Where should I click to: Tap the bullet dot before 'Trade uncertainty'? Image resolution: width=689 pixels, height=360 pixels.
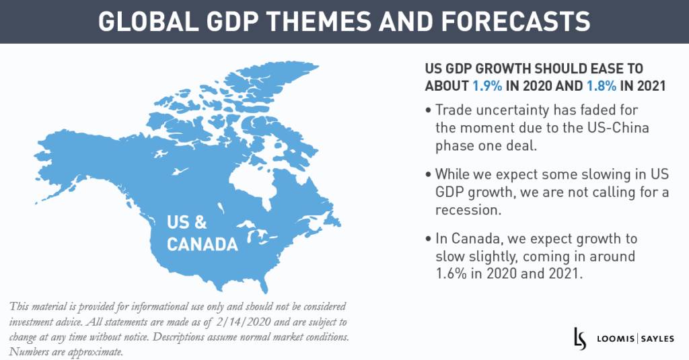point(429,110)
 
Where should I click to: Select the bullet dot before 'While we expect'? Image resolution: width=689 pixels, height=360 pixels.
point(429,175)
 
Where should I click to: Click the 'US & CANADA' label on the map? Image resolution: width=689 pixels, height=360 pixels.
point(202,232)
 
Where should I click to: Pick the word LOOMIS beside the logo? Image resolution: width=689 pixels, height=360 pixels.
point(611,338)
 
